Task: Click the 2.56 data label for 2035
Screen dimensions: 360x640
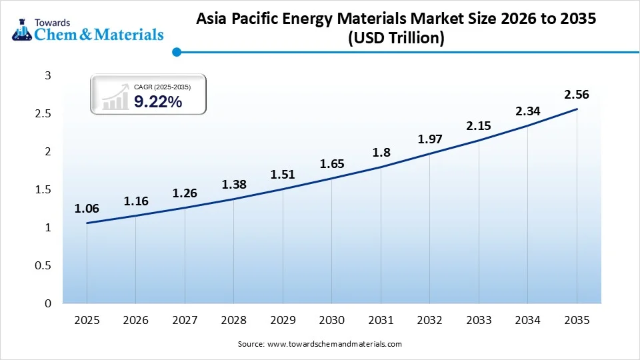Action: coord(577,95)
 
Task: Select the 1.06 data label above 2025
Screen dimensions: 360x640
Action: coord(87,209)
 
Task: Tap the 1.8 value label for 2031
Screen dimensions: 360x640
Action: coord(381,152)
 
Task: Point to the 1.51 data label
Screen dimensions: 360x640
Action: coord(283,175)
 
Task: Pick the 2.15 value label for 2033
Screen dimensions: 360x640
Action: coord(479,125)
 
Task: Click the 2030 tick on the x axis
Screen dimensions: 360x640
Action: coord(332,321)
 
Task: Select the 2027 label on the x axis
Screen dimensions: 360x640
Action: coord(185,321)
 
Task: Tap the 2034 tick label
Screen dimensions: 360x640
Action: coord(528,321)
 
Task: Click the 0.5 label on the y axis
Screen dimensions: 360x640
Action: coord(43,266)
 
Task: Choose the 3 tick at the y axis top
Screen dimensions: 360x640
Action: coord(47,76)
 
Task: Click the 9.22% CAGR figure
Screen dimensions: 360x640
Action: coord(158,101)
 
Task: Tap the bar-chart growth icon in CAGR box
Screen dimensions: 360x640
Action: coord(115,97)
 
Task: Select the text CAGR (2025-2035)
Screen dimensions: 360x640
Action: coord(162,87)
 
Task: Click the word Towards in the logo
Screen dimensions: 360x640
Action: coord(53,20)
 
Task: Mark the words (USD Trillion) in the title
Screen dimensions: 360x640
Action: coord(395,39)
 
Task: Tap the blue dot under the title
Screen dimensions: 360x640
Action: coord(177,52)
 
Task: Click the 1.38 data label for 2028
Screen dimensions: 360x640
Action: coord(234,184)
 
